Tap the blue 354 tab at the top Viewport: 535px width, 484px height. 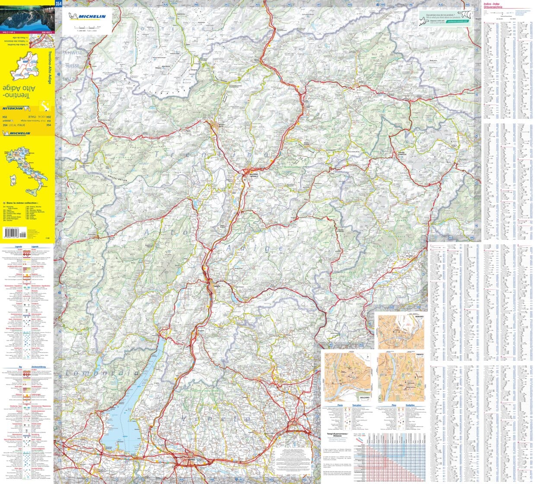[x=58, y=3]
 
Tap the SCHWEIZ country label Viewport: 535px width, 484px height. [x=72, y=52]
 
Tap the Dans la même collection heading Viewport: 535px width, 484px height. [x=22, y=202]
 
